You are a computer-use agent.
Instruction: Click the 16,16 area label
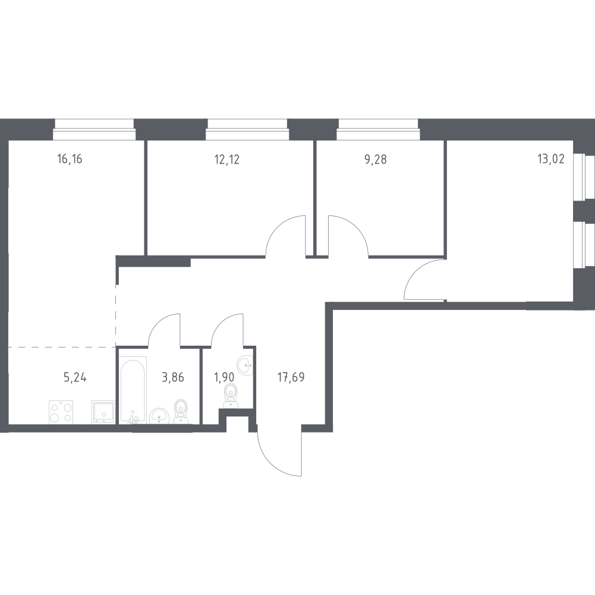tap(70, 159)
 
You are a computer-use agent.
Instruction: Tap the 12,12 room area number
tap(227, 159)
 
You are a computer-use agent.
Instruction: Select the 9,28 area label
tap(376, 159)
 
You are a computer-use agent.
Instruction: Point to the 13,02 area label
tap(551, 159)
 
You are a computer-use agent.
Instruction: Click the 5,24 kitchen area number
tap(75, 377)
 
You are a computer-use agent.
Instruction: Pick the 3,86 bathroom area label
tap(173, 377)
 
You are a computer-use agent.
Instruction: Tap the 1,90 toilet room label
tap(224, 377)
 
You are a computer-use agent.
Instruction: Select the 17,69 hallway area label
tap(291, 377)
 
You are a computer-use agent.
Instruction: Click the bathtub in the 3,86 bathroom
tap(133, 390)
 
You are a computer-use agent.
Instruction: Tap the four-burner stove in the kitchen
tap(61, 412)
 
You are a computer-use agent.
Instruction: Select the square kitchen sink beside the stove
tap(103, 412)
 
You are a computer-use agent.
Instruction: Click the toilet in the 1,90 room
tap(231, 396)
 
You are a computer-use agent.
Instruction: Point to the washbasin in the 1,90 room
tap(245, 365)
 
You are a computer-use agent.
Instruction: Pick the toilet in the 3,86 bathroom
tap(180, 411)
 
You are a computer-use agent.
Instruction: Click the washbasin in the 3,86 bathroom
tap(159, 416)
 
